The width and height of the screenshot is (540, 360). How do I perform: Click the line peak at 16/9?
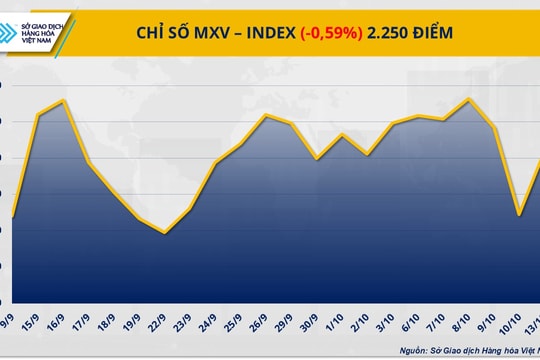coord(64,100)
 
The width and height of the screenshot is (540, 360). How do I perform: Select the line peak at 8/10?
coord(470,98)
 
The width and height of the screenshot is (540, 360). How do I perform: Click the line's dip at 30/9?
coord(317,158)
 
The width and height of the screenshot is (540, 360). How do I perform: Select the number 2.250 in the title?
coord(392,33)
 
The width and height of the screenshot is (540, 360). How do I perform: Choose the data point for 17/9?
coord(88,163)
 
